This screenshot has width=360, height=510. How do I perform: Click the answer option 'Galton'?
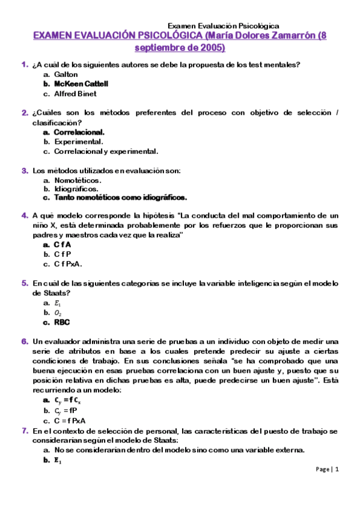pos(66,75)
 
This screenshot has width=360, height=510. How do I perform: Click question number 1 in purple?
pos(25,64)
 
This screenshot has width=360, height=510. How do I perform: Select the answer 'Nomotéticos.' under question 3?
pos(78,180)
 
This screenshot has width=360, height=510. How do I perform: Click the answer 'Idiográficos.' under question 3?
pos(76,189)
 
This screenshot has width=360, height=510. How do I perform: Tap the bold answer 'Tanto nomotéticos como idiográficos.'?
pos(120,197)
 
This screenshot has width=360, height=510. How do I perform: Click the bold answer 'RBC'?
pos(62,322)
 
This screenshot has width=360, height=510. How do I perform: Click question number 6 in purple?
pos(25,342)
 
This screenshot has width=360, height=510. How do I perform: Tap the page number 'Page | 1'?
pos(328,469)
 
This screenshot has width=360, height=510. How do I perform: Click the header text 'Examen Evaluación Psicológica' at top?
pos(223,26)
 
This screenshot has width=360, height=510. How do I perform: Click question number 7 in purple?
pos(25,431)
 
